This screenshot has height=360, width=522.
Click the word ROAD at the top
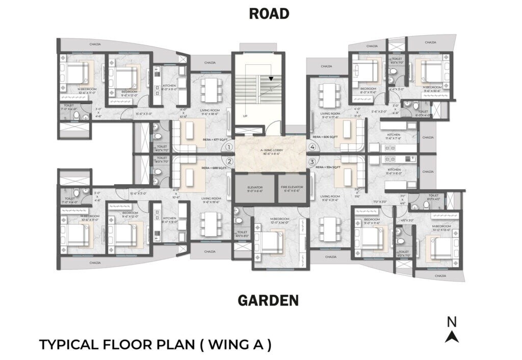[269, 14]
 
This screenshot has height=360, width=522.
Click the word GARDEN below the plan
[268, 301]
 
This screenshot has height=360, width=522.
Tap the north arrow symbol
[452, 336]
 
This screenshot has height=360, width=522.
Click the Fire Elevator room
[292, 189]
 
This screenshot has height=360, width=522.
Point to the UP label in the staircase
[245, 116]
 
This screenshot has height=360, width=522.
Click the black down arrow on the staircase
[271, 79]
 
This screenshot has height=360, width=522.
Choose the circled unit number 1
[229, 147]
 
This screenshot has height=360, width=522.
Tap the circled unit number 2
[229, 162]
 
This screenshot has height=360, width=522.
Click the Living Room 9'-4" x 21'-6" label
[330, 198]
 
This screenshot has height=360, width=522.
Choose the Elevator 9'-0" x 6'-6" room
[255, 189]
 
